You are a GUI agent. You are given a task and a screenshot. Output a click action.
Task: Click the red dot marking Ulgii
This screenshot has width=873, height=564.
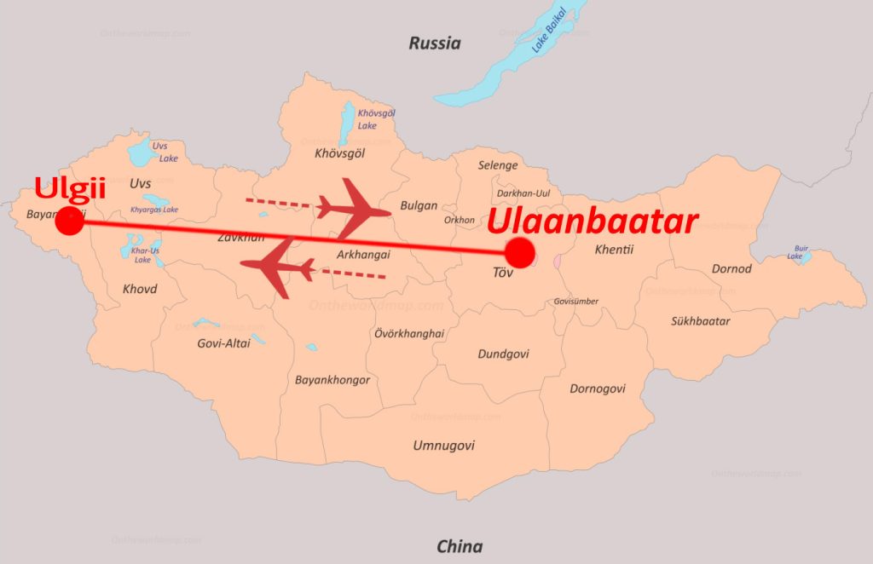(69, 222)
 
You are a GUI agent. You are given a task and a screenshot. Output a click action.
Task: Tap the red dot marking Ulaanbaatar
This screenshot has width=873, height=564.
(519, 253)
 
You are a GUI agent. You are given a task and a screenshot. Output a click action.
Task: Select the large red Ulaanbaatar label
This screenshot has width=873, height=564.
(593, 222)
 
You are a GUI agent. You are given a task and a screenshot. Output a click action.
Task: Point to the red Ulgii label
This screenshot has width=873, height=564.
(70, 187)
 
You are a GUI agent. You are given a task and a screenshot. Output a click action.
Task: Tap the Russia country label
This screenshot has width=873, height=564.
(434, 43)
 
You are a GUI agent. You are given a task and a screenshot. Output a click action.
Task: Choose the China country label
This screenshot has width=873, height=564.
(459, 546)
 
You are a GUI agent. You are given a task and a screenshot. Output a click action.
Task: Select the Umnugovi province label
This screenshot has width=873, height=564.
(443, 446)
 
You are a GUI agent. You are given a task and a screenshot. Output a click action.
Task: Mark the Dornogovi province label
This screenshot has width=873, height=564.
(597, 388)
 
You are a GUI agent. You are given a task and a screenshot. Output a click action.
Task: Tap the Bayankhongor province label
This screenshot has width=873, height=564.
(332, 380)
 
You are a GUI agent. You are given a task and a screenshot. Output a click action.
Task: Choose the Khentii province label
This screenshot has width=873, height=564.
(614, 249)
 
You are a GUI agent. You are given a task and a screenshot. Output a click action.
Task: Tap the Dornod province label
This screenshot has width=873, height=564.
(731, 268)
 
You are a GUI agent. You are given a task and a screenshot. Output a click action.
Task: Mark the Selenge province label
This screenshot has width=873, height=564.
(497, 165)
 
